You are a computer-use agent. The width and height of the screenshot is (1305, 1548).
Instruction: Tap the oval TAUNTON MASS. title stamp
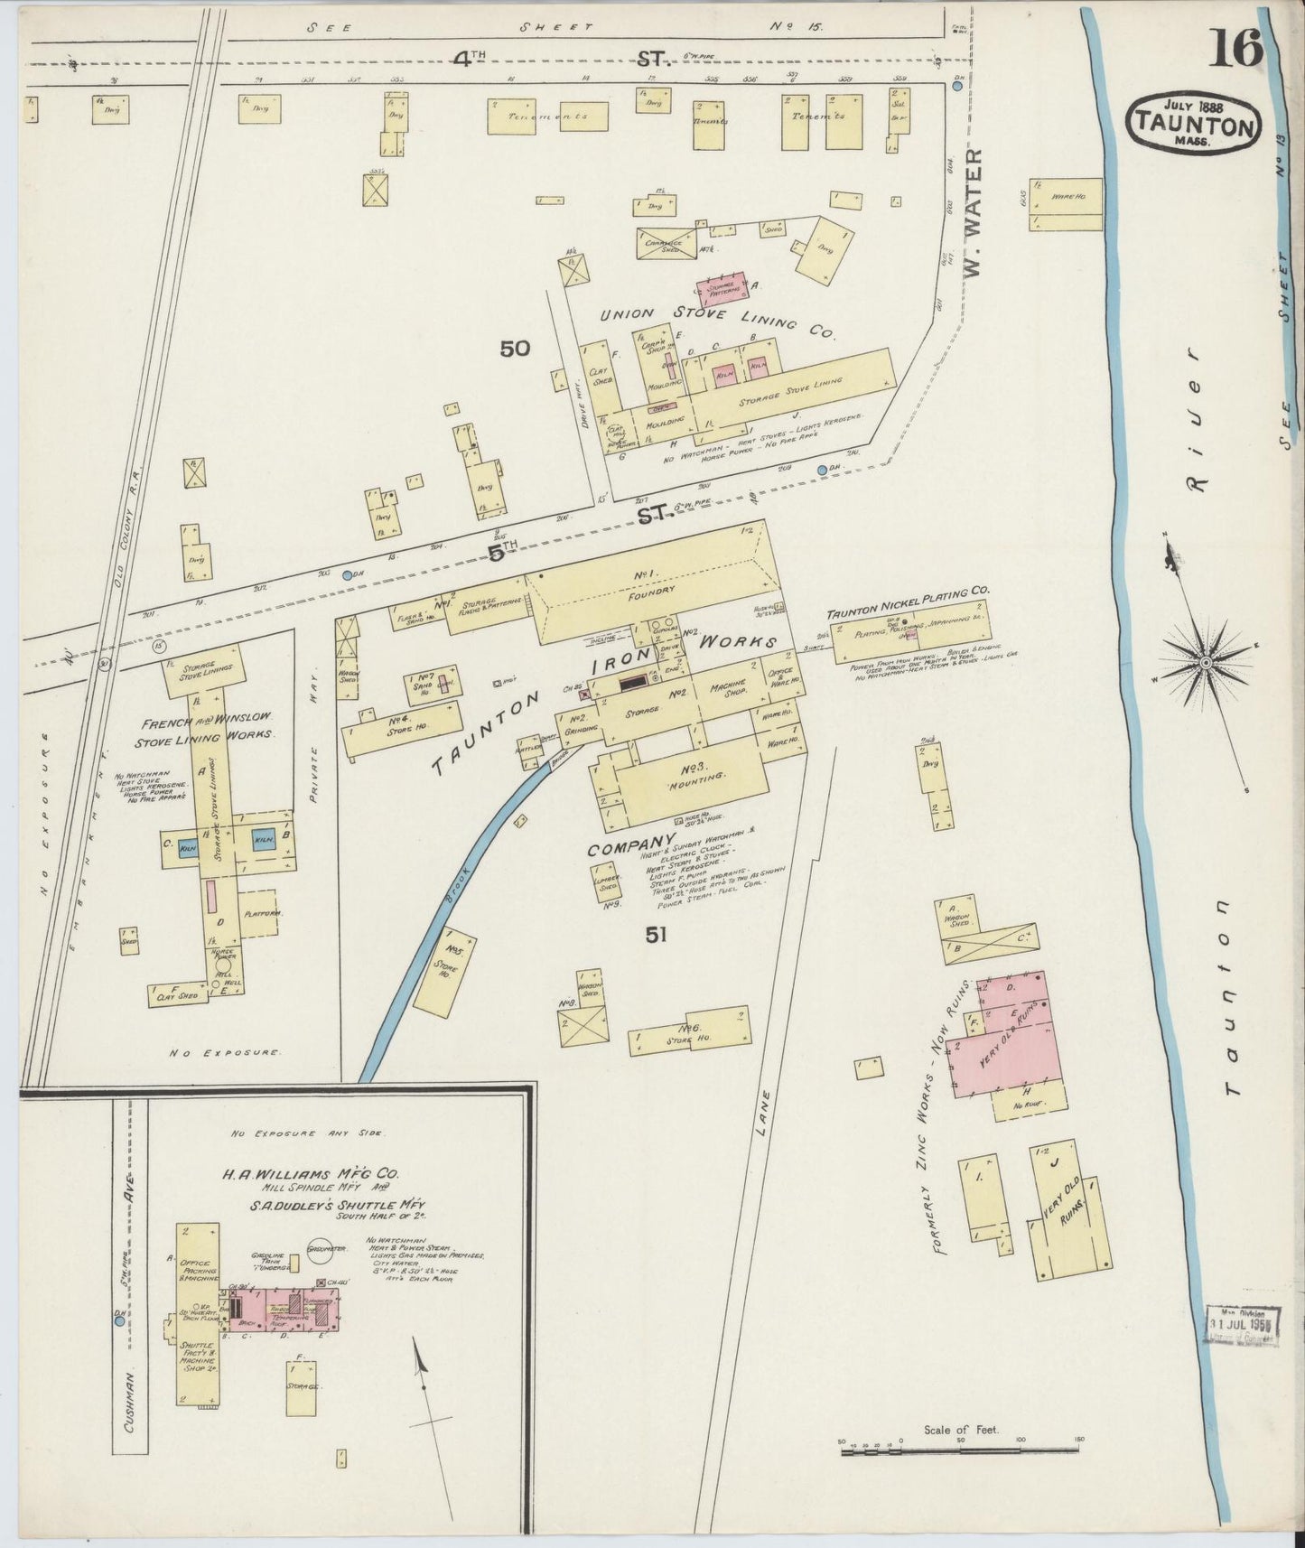1193,122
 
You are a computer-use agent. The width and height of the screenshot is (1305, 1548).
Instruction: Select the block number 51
656,936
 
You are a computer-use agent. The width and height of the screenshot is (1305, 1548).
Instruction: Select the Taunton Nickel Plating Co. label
908,606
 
